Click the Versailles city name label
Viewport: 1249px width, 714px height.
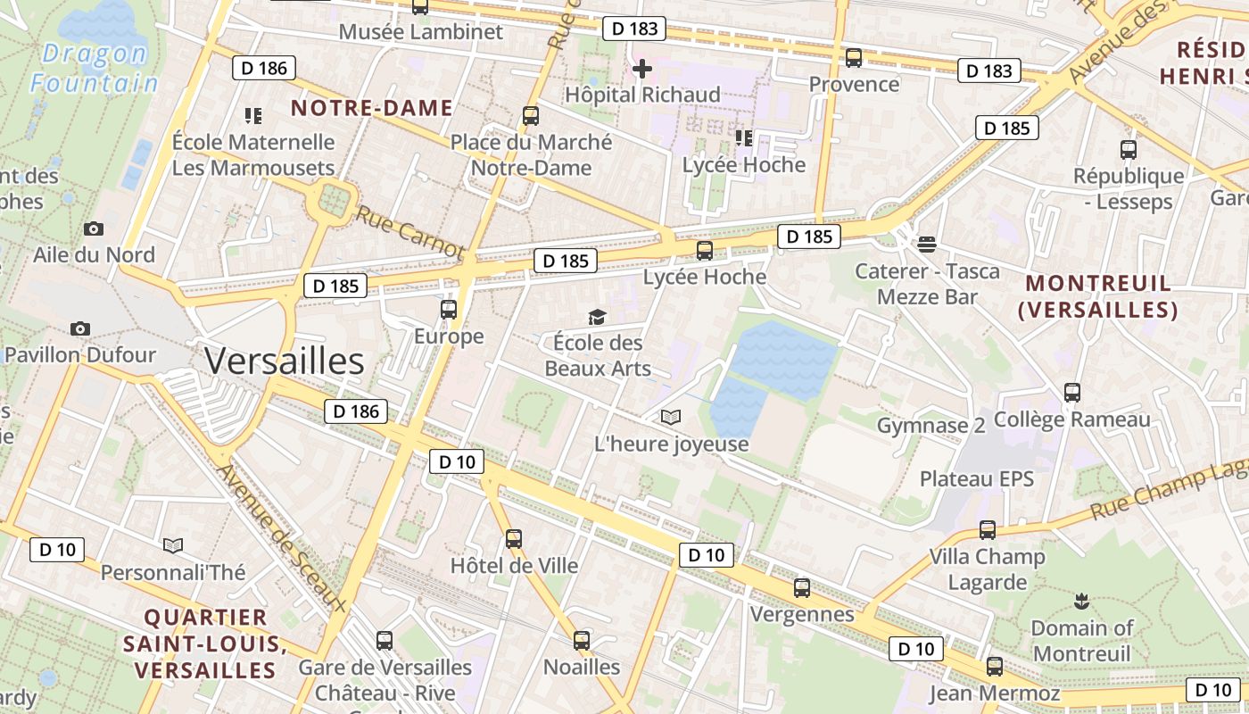click(284, 361)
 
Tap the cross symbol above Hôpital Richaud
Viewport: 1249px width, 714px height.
click(641, 68)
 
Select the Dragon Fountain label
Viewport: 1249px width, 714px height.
click(94, 68)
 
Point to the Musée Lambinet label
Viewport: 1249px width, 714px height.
click(421, 32)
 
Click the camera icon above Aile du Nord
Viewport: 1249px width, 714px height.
click(94, 229)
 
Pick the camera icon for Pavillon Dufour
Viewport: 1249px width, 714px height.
click(80, 328)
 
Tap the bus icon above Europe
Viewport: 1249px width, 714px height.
click(449, 310)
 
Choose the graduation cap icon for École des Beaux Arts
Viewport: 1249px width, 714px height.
click(597, 317)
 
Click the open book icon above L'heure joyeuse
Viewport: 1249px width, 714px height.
click(671, 417)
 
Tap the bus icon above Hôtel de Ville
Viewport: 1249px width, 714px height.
click(513, 539)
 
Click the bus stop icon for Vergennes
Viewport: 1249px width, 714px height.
click(802, 588)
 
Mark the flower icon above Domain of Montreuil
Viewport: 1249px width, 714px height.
click(1081, 600)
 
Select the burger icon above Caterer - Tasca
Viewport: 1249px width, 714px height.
click(927, 244)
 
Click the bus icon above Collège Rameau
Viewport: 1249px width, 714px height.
click(1072, 392)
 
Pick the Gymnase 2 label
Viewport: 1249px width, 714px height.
click(931, 426)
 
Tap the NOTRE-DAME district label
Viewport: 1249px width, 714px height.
click(372, 108)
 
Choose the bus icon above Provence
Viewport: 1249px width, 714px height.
click(854, 58)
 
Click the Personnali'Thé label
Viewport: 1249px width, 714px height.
click(173, 572)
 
